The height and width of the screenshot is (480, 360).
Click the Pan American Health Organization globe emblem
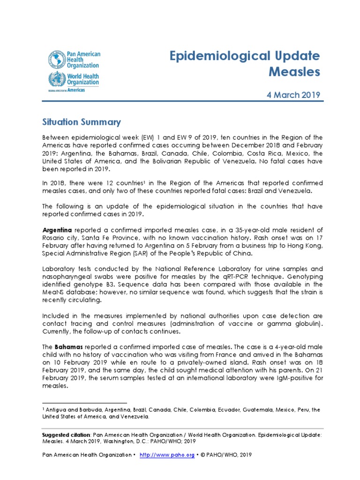pyautogui.click(x=55, y=60)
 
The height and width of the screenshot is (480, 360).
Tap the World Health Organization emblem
pyautogui.click(x=55, y=79)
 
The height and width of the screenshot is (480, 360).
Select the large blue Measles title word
pyautogui.click(x=294, y=72)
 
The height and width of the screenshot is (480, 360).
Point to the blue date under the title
pyautogui.click(x=293, y=95)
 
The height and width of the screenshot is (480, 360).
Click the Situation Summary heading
pyautogui.click(x=81, y=122)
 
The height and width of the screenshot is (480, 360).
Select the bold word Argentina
pyautogui.click(x=57, y=230)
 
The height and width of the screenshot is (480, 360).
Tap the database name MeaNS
pyautogui.click(x=52, y=292)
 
